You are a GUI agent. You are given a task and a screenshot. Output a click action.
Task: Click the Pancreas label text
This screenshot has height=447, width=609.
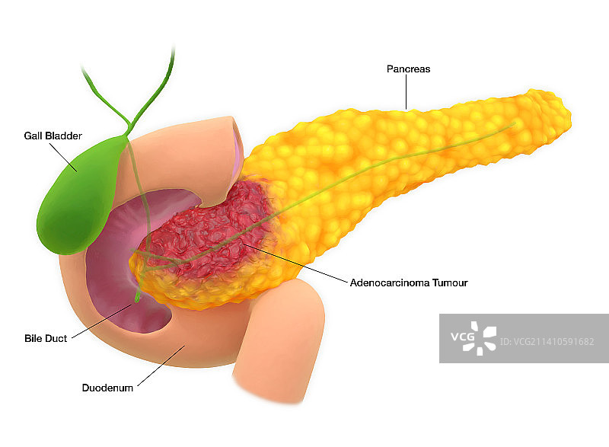[409, 69]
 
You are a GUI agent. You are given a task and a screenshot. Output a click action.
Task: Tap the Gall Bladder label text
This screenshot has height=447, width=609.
[53, 136]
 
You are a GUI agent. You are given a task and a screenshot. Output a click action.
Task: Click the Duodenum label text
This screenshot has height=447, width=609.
[107, 388]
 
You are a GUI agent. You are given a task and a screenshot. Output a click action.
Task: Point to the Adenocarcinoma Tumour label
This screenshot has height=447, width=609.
[408, 283]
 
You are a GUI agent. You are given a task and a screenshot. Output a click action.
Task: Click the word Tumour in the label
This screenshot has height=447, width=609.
[449, 283]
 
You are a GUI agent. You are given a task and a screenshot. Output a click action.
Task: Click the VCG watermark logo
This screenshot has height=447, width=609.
[472, 338]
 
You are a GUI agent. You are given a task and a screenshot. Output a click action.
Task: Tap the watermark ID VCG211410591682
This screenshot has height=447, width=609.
[548, 342]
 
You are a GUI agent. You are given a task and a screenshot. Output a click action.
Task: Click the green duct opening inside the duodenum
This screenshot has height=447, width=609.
[139, 299]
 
